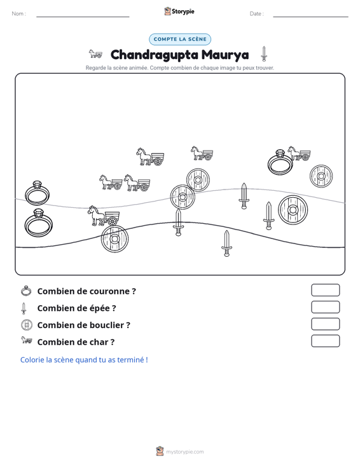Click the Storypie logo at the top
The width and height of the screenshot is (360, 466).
click(x=179, y=11)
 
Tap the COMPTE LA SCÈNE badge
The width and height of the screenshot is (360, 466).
click(x=180, y=39)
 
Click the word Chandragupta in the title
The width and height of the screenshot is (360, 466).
click(x=155, y=55)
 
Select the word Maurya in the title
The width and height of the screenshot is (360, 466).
click(x=225, y=55)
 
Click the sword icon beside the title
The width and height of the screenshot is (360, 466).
click(x=264, y=54)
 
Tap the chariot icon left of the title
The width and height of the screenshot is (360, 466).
click(x=95, y=54)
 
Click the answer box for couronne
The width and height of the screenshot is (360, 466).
click(x=325, y=290)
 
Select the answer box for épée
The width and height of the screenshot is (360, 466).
click(x=325, y=307)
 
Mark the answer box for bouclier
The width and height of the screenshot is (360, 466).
click(x=325, y=324)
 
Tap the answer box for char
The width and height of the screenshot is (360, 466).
click(x=325, y=341)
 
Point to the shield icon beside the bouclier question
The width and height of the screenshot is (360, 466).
click(x=27, y=324)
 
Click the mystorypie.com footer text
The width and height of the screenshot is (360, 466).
click(x=185, y=452)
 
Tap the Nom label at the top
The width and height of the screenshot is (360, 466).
click(x=18, y=14)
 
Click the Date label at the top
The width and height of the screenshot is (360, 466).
click(x=256, y=14)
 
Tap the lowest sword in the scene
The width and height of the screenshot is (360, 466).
click(x=226, y=243)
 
